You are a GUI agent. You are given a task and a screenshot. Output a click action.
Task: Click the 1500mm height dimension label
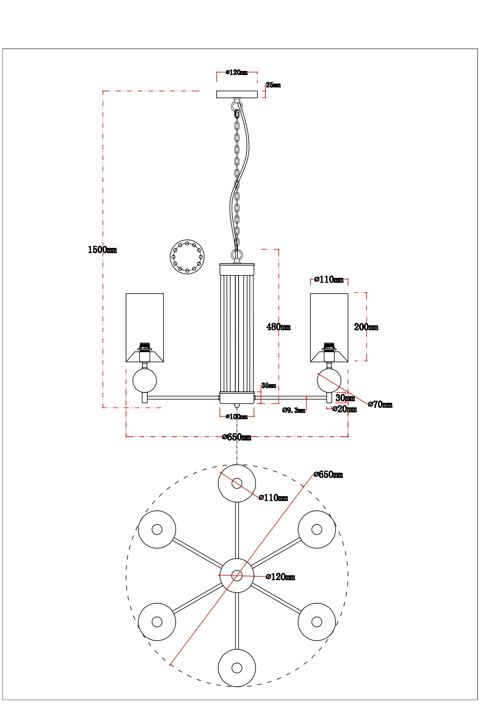(x=102, y=250)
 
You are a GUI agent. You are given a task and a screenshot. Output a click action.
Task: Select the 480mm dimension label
(x=278, y=327)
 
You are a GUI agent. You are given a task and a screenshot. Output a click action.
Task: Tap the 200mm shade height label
(x=366, y=327)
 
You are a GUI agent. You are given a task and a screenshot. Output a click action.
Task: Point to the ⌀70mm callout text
(x=380, y=404)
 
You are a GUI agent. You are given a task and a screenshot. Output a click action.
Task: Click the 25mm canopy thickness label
(x=273, y=85)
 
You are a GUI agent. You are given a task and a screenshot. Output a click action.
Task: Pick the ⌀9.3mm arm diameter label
(x=294, y=410)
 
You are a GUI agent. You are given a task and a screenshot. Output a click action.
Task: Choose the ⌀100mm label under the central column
(x=236, y=417)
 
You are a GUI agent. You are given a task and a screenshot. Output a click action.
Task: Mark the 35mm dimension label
(x=269, y=386)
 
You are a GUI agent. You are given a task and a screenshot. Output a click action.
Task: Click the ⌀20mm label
(x=344, y=409)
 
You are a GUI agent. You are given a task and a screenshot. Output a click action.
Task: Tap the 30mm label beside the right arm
(x=345, y=398)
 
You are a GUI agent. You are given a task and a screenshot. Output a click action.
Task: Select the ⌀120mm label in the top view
(x=280, y=577)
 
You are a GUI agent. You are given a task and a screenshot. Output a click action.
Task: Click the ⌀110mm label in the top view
(x=273, y=498)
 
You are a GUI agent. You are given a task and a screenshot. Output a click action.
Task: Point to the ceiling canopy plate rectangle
(x=237, y=95)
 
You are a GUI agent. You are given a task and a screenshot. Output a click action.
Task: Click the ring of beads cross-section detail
(x=187, y=257)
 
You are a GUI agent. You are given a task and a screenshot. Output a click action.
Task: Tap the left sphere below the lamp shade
(x=144, y=381)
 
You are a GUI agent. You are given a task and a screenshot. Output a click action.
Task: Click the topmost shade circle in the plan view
(x=237, y=483)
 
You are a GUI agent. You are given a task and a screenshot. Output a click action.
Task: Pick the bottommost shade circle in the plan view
(x=237, y=668)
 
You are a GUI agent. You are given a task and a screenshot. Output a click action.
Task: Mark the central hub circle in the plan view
(x=237, y=576)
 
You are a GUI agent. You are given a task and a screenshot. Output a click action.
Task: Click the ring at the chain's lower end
(x=237, y=256)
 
